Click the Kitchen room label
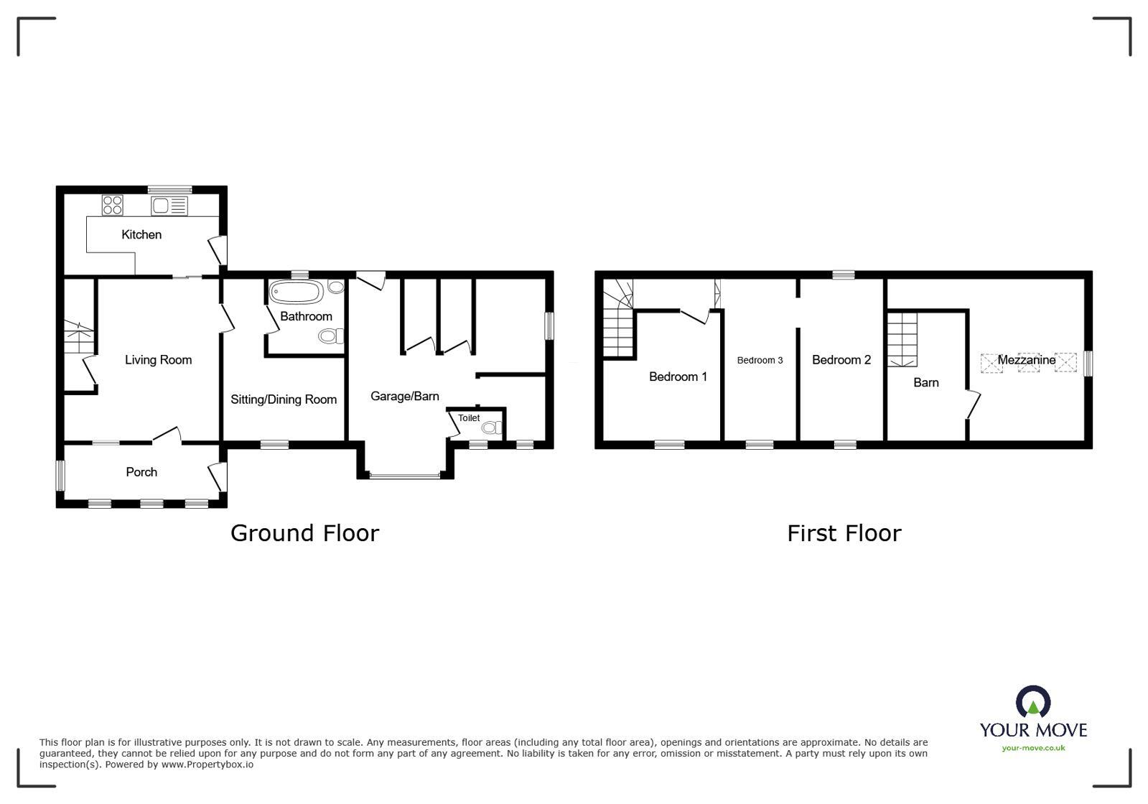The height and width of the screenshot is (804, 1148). pos(141,234)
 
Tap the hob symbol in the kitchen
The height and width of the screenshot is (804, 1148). pos(113,205)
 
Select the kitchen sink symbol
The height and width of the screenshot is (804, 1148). pos(169,207)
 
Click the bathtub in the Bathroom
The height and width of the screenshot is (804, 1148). pos(297,293)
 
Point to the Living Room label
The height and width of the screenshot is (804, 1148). pos(158,360)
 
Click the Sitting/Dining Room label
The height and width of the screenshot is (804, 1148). pos(284,399)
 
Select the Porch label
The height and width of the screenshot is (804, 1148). pos(141,472)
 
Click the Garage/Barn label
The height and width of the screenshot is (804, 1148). pos(404,396)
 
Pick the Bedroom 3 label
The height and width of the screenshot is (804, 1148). pos(760,360)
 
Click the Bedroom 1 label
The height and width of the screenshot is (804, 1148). pos(678,376)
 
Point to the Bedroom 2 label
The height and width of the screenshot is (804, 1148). pos(841,360)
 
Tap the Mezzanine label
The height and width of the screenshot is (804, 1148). pos(1026,360)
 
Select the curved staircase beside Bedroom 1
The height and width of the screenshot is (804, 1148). pos(618,320)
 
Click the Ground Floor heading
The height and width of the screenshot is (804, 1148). pos(304,533)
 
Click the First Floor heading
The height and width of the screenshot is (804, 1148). pos(844,533)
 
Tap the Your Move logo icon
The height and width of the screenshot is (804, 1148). pos(1033,702)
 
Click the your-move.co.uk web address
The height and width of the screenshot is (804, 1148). pos(1033,748)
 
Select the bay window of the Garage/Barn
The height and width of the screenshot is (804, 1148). pos(406,475)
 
